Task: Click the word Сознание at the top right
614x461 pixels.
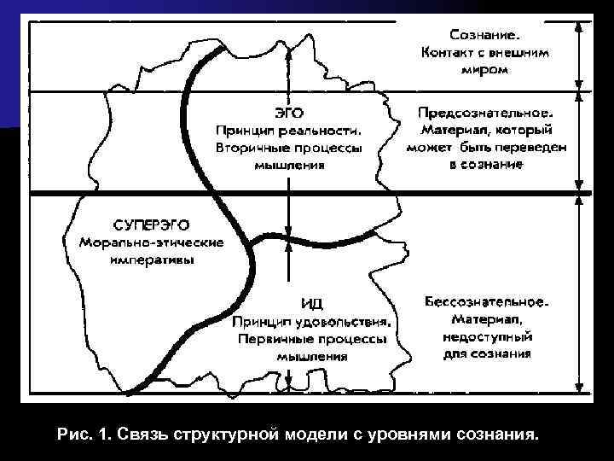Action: tap(484, 37)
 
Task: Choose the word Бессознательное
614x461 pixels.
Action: tap(484, 302)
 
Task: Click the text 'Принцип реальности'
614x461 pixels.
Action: tap(287, 131)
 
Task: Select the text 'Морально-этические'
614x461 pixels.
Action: tap(152, 243)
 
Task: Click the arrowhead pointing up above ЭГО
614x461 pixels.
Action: tap(290, 50)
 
